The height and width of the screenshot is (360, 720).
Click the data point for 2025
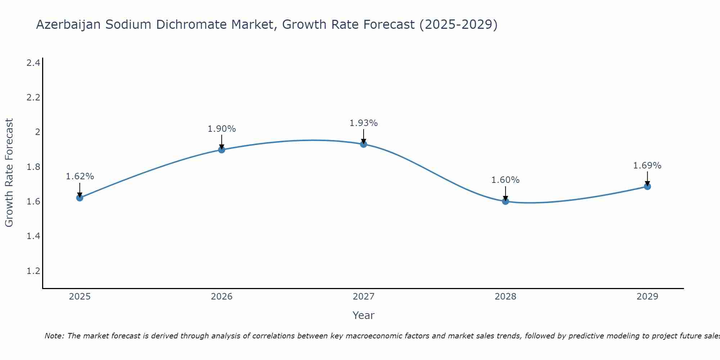pyautogui.click(x=80, y=198)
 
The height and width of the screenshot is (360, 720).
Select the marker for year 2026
pyautogui.click(x=222, y=149)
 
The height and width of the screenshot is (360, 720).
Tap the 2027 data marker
pyautogui.click(x=364, y=144)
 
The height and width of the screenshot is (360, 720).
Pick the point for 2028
pyautogui.click(x=505, y=201)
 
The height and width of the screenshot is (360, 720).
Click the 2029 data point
pyautogui.click(x=647, y=186)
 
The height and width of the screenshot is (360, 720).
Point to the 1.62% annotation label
pyautogui.click(x=80, y=176)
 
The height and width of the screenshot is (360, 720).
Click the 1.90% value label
pyautogui.click(x=222, y=129)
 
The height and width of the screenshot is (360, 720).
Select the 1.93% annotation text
pyautogui.click(x=364, y=123)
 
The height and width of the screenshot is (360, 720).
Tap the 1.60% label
pyautogui.click(x=505, y=180)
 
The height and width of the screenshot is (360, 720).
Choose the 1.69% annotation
pyautogui.click(x=647, y=166)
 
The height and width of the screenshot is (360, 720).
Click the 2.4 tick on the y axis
pyautogui.click(x=33, y=63)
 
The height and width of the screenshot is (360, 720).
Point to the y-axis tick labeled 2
pyautogui.click(x=37, y=132)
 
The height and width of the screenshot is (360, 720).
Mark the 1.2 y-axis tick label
pyautogui.click(x=33, y=271)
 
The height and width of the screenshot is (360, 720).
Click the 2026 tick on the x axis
pyautogui.click(x=222, y=297)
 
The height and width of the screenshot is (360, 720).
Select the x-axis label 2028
pyautogui.click(x=505, y=297)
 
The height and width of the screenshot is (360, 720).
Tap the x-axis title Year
pyautogui.click(x=364, y=315)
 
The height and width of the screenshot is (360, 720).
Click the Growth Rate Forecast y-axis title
pyautogui.click(x=9, y=173)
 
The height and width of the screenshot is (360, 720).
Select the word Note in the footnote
pyautogui.click(x=54, y=336)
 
